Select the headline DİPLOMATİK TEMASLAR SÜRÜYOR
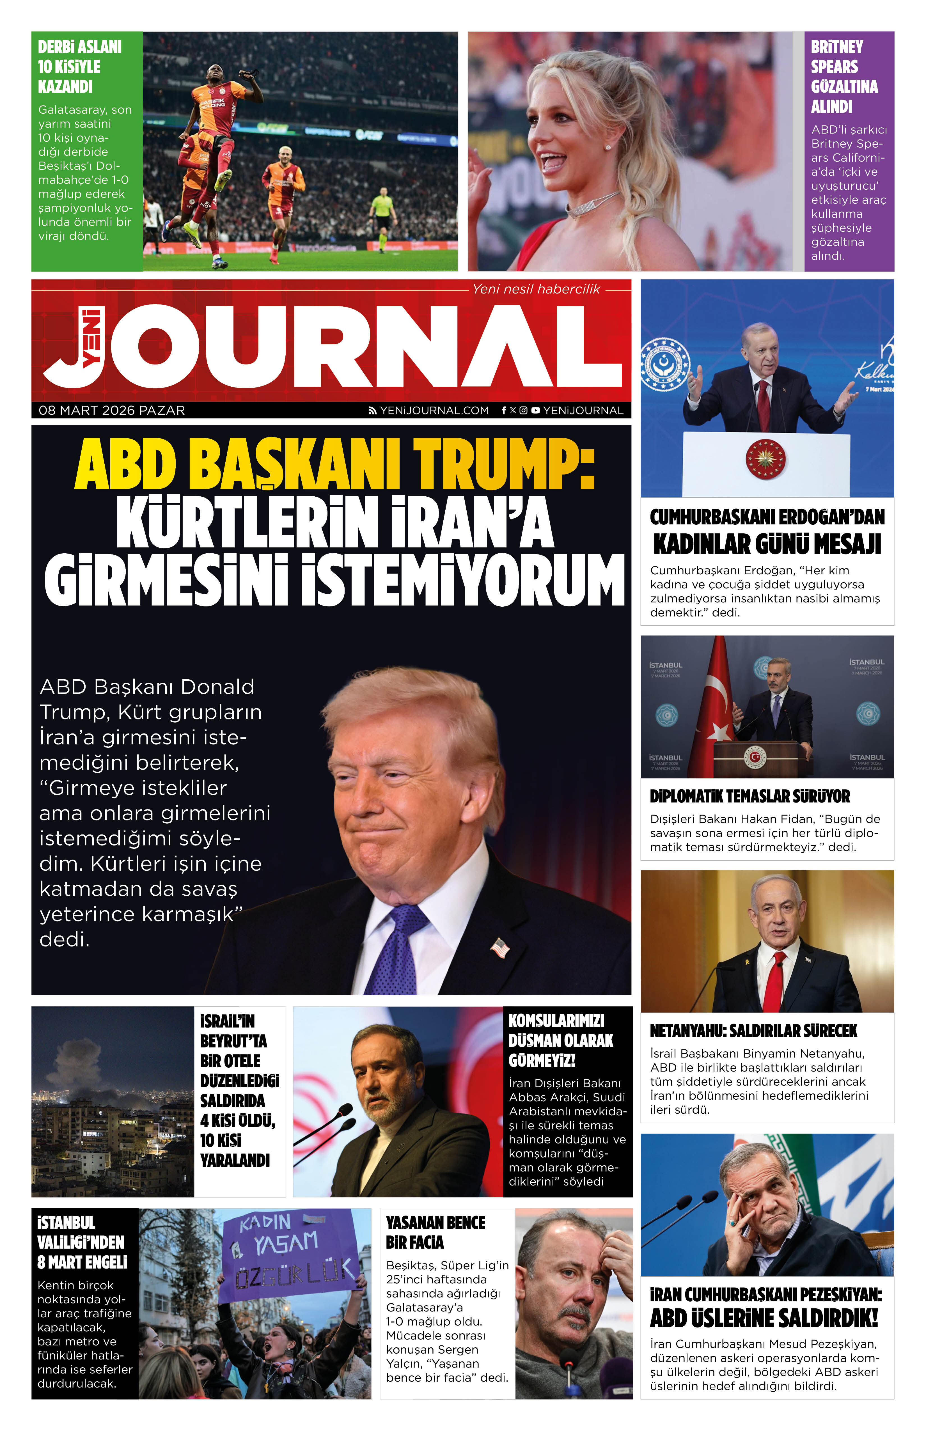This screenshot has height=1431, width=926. [750, 797]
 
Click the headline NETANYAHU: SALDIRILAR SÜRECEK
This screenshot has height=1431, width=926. [753, 1031]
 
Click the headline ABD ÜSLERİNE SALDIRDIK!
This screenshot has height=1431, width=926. [764, 1318]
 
